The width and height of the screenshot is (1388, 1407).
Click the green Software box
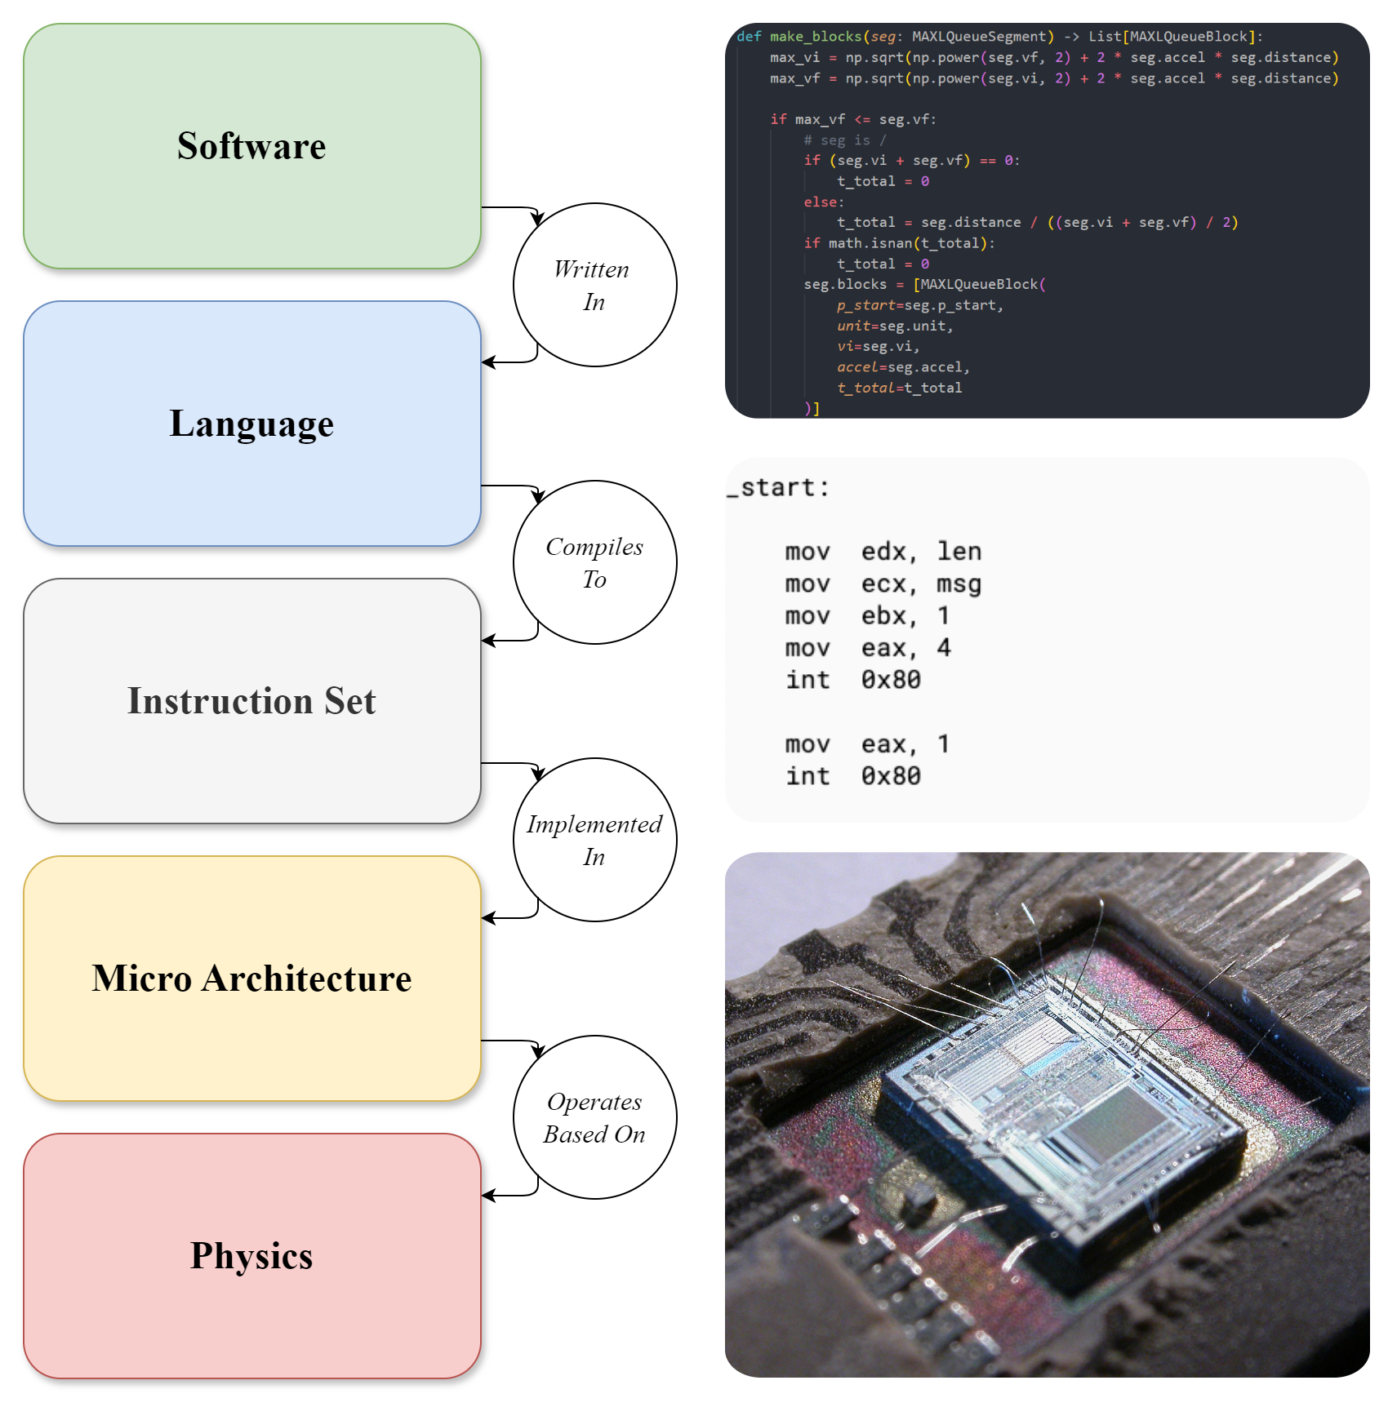[x=251, y=146]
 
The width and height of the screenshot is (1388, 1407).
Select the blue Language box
[x=251, y=424]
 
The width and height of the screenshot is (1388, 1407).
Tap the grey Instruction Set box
[x=251, y=701]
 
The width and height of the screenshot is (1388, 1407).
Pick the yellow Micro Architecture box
[x=251, y=979]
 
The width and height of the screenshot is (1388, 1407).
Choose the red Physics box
[x=251, y=1256]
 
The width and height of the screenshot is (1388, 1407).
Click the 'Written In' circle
[x=594, y=285]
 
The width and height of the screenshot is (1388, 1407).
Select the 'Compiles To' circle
[x=594, y=562]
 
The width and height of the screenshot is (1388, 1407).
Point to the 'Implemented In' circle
[x=594, y=840]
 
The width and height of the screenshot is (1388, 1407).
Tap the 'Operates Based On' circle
[x=594, y=1117]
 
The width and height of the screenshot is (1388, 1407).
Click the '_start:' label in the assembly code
[x=778, y=488]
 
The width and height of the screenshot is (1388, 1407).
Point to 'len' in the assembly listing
[x=959, y=552]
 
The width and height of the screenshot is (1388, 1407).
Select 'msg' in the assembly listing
[x=959, y=584]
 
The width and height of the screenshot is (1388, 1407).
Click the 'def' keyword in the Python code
[x=749, y=37]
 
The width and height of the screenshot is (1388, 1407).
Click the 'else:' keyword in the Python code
[x=823, y=202]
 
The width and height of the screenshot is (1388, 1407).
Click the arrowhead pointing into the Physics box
[x=488, y=1196]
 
